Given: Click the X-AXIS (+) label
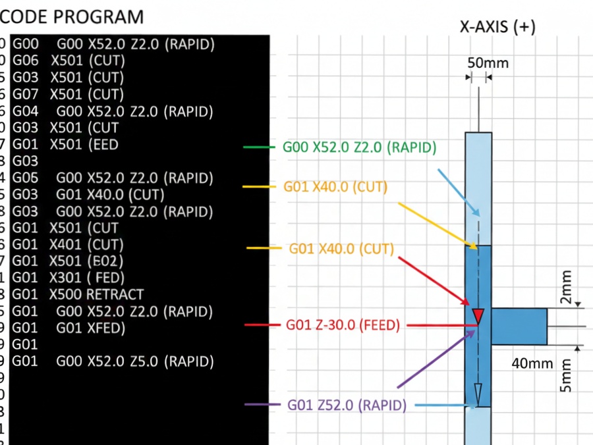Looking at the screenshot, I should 497,27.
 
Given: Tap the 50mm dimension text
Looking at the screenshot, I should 488,63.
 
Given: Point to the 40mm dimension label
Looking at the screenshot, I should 531,363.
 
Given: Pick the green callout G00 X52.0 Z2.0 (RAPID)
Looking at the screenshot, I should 359,147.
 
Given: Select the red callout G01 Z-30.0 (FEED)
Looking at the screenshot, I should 343,325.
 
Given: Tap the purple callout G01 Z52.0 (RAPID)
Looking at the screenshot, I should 347,405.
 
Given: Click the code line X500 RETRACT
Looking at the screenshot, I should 96,294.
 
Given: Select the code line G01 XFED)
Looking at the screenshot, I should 91,328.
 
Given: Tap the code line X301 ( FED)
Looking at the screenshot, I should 87,277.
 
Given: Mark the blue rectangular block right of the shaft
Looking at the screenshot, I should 519,326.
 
